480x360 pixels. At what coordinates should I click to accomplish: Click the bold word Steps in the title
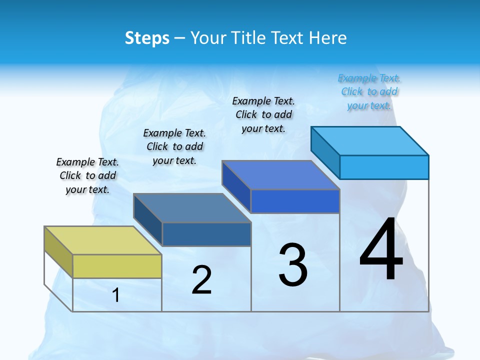(x=147, y=38)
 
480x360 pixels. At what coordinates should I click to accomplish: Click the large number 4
(x=381, y=250)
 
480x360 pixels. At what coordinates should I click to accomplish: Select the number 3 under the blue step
(x=293, y=265)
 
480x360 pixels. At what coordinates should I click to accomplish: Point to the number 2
(x=201, y=280)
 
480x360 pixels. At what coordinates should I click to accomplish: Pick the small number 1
(x=115, y=295)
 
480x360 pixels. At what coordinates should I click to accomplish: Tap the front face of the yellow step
(x=117, y=266)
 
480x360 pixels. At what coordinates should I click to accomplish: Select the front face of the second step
(x=206, y=234)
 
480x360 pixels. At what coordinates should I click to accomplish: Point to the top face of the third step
(x=280, y=175)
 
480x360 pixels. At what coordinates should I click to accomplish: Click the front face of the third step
(x=295, y=201)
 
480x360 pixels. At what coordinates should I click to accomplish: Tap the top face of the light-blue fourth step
(x=369, y=140)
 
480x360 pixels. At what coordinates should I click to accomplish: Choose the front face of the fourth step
(x=384, y=167)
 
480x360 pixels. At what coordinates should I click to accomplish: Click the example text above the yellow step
(x=87, y=176)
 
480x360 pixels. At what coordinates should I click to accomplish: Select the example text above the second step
(x=174, y=146)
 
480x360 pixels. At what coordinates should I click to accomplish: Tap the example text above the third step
(x=263, y=114)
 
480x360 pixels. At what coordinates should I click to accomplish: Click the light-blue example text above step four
(x=369, y=91)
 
